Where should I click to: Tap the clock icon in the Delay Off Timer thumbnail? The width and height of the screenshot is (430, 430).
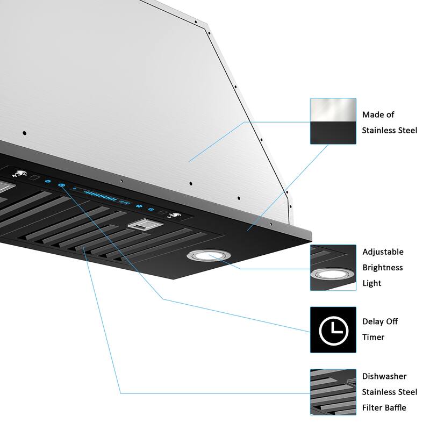tap(333, 330)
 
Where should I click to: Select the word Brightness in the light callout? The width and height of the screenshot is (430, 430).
tap(382, 267)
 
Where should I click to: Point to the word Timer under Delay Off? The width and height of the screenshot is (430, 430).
tap(373, 337)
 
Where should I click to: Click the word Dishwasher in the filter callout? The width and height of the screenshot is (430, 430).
tap(384, 376)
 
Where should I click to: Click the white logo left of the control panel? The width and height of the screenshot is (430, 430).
tap(17, 174)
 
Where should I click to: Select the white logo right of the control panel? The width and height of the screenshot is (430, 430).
tap(174, 216)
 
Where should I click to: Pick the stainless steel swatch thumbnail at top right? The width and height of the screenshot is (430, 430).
tap(333, 121)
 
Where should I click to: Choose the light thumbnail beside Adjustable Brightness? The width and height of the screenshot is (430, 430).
tap(333, 268)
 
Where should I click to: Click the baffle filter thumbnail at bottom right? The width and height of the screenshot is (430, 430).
tap(333, 392)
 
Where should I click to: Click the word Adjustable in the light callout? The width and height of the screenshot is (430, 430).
tap(383, 252)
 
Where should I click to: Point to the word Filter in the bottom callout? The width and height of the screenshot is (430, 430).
tap(372, 407)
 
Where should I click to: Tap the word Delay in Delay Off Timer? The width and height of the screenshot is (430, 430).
tap(372, 321)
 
